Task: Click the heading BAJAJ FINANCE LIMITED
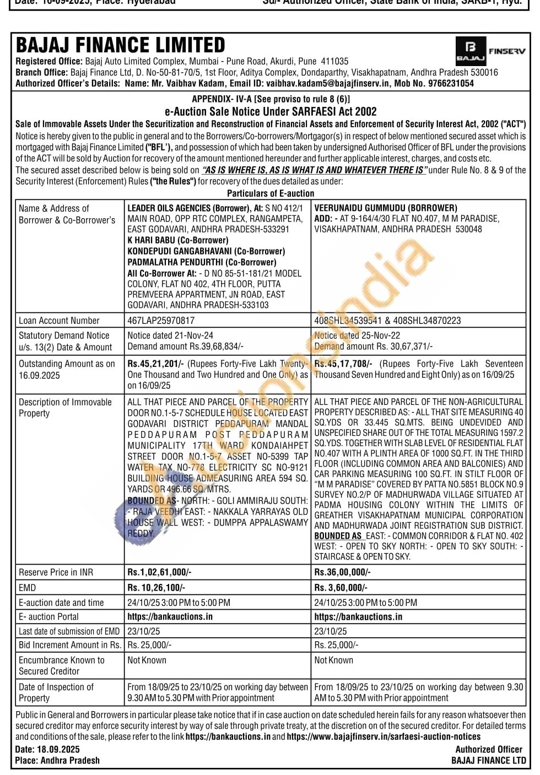point(121,45)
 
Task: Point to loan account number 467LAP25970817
point(161,321)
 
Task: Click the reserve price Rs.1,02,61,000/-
point(159,572)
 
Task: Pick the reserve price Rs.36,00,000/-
point(342,572)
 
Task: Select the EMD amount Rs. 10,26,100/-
point(156,588)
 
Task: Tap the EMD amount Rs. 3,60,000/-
point(341,588)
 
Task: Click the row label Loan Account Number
point(59,321)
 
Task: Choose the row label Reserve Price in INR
point(56,572)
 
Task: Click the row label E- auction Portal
point(48,617)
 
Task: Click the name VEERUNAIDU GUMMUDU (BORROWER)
point(386,208)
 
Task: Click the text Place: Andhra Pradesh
point(58,761)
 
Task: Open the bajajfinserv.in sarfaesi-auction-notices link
point(384,737)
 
